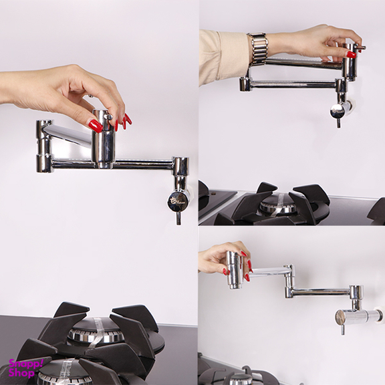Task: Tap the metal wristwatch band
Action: (x=257, y=49)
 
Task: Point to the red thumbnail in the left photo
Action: (x=96, y=126)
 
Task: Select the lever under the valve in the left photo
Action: (x=178, y=218)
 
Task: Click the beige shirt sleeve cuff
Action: (x=224, y=57)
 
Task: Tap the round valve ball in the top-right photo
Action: (x=338, y=112)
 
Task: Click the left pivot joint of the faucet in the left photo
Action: (x=44, y=146)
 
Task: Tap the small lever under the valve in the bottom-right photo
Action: (x=343, y=330)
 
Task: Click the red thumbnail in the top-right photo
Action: (x=351, y=55)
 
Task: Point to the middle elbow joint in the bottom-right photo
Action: (x=289, y=281)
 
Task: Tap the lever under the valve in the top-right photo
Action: (x=338, y=123)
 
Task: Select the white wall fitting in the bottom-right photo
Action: (x=379, y=315)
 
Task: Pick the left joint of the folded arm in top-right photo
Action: (x=244, y=84)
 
